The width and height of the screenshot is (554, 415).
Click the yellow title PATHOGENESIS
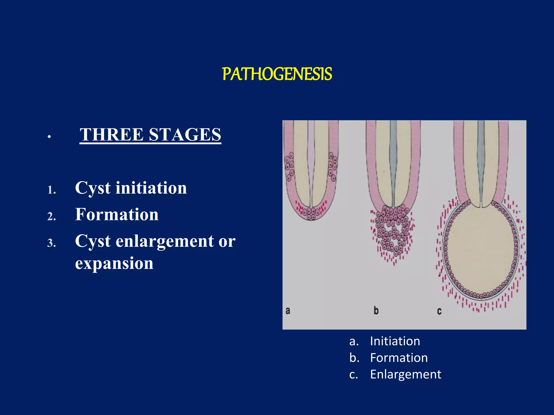pos(277,74)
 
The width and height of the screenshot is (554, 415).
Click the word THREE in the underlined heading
pos(111,135)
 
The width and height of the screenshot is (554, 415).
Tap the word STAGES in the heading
pos(185,135)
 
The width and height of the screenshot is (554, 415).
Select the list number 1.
pos(51,190)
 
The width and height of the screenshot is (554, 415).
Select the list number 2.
pos(51,217)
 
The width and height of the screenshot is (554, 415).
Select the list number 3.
pos(51,243)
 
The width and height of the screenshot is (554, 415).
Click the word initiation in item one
pos(151,188)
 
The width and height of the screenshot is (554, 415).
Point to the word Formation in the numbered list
pos(117,215)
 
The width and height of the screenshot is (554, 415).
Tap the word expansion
pos(114,263)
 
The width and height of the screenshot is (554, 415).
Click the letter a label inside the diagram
pos(288,311)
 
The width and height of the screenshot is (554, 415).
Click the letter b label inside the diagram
pos(376,311)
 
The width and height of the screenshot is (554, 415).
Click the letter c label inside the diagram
pos(439,312)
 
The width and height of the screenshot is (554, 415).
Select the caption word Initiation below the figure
pos(395,341)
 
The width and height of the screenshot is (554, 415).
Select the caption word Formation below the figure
pos(399,358)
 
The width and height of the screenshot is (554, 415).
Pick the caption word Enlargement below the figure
pos(405,374)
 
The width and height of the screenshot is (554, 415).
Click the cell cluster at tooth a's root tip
pos(311,213)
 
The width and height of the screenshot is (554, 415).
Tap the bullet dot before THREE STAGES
pos(49,137)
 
